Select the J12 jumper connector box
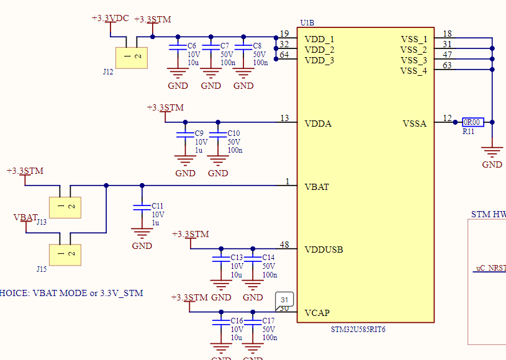coord(131,58)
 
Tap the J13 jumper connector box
coord(65,207)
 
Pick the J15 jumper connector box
coord(65,254)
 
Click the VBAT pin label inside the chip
coord(317,186)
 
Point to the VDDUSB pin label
coord(323,250)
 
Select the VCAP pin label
coord(317,313)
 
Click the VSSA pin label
coord(415,124)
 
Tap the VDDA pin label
coord(318,124)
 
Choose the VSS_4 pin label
coord(413,71)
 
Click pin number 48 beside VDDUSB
coord(284,245)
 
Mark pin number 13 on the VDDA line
coord(284,118)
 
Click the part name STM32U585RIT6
coord(358,330)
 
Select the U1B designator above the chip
coord(307,23)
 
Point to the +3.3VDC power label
coord(110,18)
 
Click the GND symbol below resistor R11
coord(492,151)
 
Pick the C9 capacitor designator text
coord(199,133)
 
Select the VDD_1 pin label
coord(319,39)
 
